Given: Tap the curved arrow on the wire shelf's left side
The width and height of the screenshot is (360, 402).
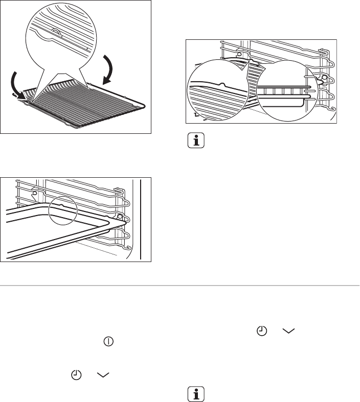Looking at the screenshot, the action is click(15, 84).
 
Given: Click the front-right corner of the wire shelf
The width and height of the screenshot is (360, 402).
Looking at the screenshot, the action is click(146, 107).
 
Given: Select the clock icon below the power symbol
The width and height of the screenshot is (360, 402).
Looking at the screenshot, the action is click(76, 375).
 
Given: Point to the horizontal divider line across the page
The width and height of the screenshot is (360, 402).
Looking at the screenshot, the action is click(180, 285).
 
